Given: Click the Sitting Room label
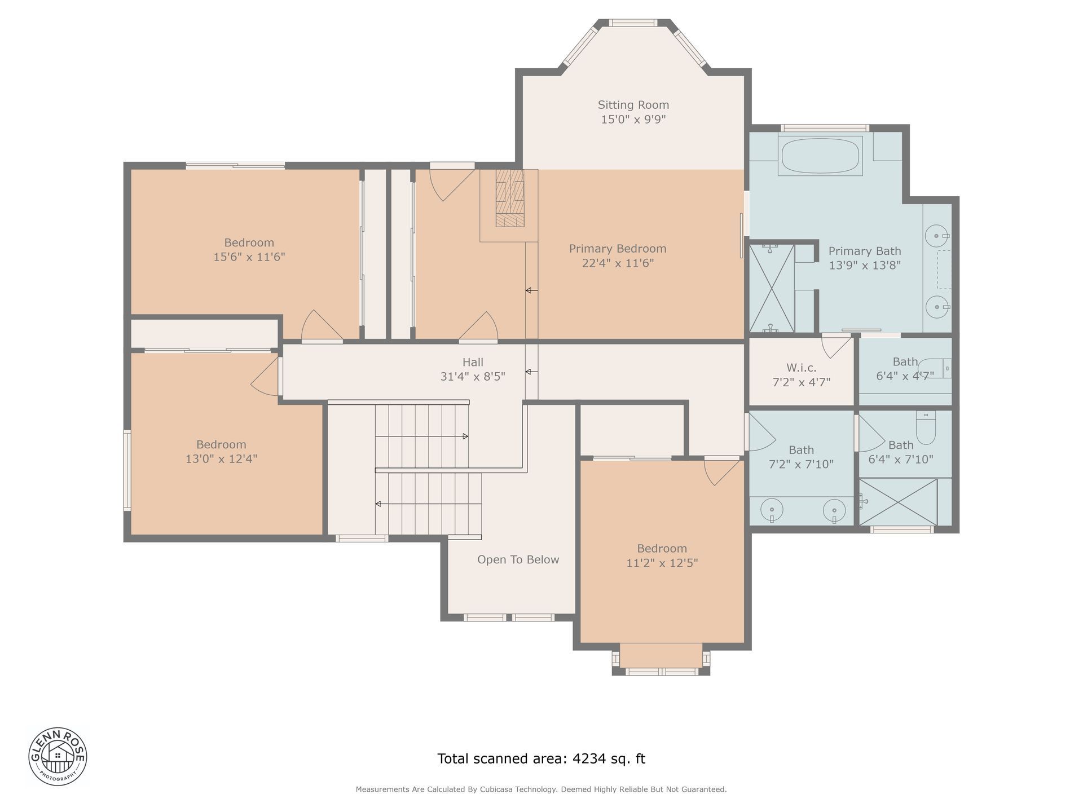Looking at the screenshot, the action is pos(633,105).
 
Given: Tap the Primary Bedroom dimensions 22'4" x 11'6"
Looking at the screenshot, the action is pos(618,263).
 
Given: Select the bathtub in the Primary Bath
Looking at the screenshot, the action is pos(820,155).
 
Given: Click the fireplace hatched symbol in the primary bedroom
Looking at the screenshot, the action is pos(510,198).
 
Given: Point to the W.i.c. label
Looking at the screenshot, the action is pos(801,368).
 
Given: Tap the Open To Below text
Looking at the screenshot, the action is pos(518,559).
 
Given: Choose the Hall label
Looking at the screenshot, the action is pos(473,362).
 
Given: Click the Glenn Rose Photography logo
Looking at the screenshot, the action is pos(58,755).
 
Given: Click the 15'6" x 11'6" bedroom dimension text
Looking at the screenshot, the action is pos(249,257).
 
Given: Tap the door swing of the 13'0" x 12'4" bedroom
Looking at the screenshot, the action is pos(265,377).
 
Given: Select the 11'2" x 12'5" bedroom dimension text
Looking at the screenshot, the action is pos(662,563).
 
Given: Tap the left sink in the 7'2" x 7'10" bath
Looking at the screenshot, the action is pos(771,511).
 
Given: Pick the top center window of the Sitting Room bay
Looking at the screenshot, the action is pos(633,23).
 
